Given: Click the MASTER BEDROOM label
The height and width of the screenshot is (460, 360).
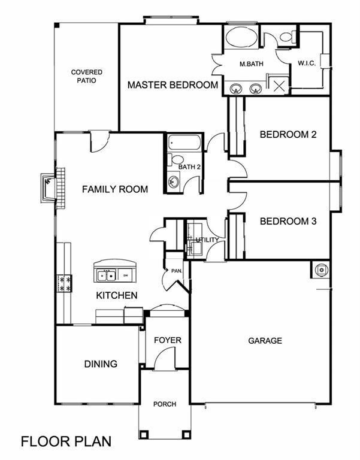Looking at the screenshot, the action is click(173, 85).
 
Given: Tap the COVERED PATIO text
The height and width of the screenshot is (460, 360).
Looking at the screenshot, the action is click(86, 76).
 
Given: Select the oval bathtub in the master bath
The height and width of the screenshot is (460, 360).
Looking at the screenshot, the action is click(241, 37).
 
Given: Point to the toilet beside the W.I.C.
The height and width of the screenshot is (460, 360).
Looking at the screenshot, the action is click(286, 37).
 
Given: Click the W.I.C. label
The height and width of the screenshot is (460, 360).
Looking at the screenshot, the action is click(307, 63).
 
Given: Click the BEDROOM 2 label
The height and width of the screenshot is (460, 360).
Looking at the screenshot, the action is click(288, 134).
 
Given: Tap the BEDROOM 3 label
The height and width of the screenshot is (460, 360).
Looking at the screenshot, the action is click(288, 221).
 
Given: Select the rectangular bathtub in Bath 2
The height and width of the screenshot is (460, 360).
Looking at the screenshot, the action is click(184, 143).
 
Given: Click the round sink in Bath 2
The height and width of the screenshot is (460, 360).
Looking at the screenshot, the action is click(174, 182).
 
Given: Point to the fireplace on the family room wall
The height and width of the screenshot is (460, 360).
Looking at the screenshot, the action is click(48, 187).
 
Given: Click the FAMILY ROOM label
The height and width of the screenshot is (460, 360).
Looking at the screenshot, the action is click(115, 189).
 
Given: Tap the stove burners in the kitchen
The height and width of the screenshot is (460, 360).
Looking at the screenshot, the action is click(65, 284).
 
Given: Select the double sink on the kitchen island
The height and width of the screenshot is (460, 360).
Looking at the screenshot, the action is click(106, 276).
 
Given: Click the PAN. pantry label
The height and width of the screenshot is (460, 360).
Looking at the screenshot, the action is click(177, 271).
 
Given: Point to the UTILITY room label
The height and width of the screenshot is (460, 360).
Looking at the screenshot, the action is click(207, 240).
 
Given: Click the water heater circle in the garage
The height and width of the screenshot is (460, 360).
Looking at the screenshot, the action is click(322, 270).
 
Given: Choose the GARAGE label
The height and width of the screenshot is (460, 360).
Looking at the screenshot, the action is click(265, 341).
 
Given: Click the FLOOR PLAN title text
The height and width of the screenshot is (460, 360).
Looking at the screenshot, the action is click(66, 441).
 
